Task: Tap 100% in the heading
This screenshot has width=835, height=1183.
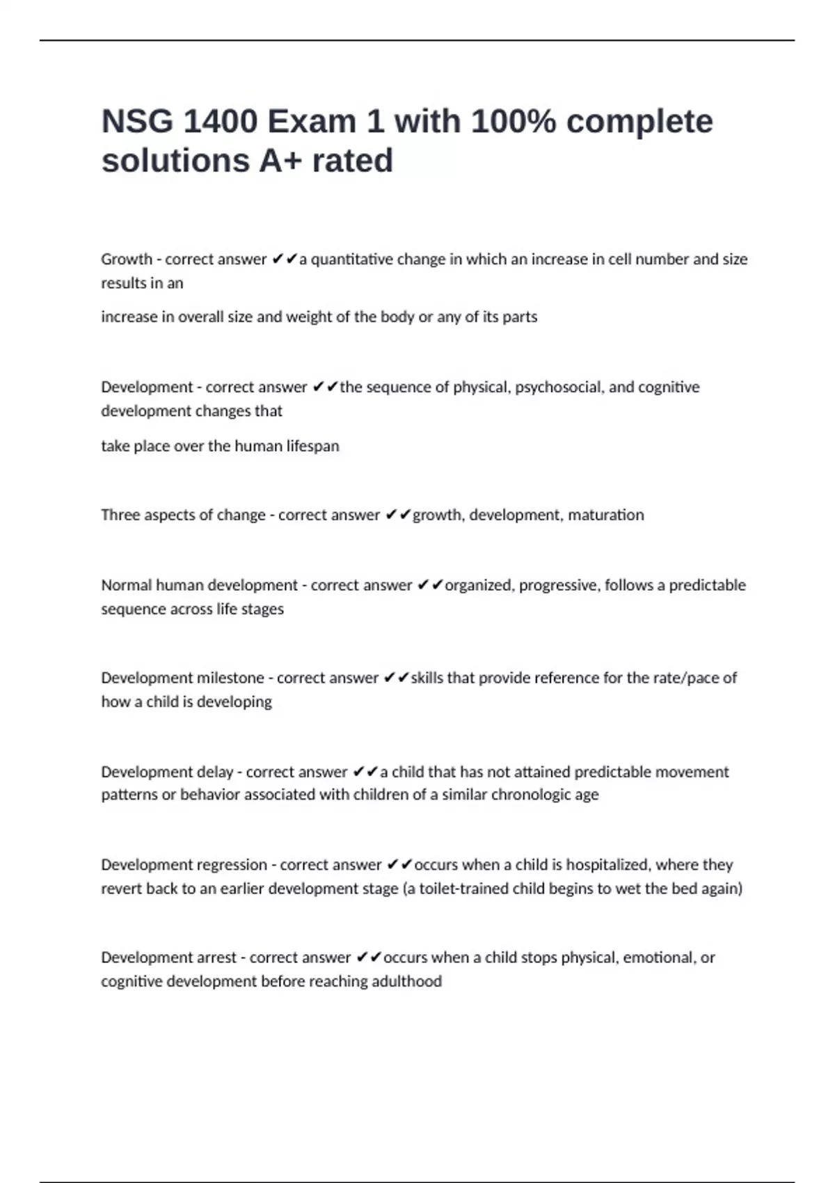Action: (514, 122)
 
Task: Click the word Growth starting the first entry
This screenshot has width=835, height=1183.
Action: (126, 259)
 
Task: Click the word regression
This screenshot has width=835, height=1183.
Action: (232, 865)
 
